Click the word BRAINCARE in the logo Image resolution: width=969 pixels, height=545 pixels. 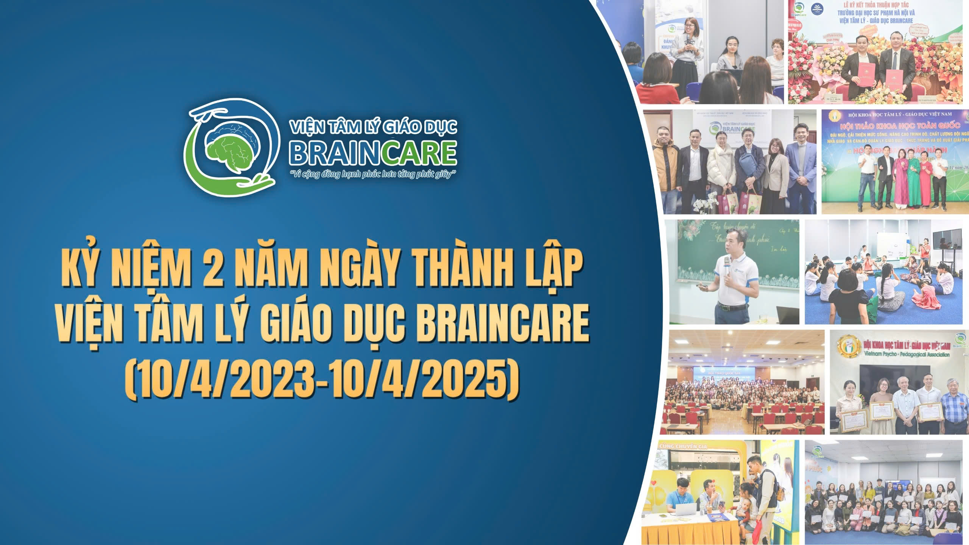(372, 153)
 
